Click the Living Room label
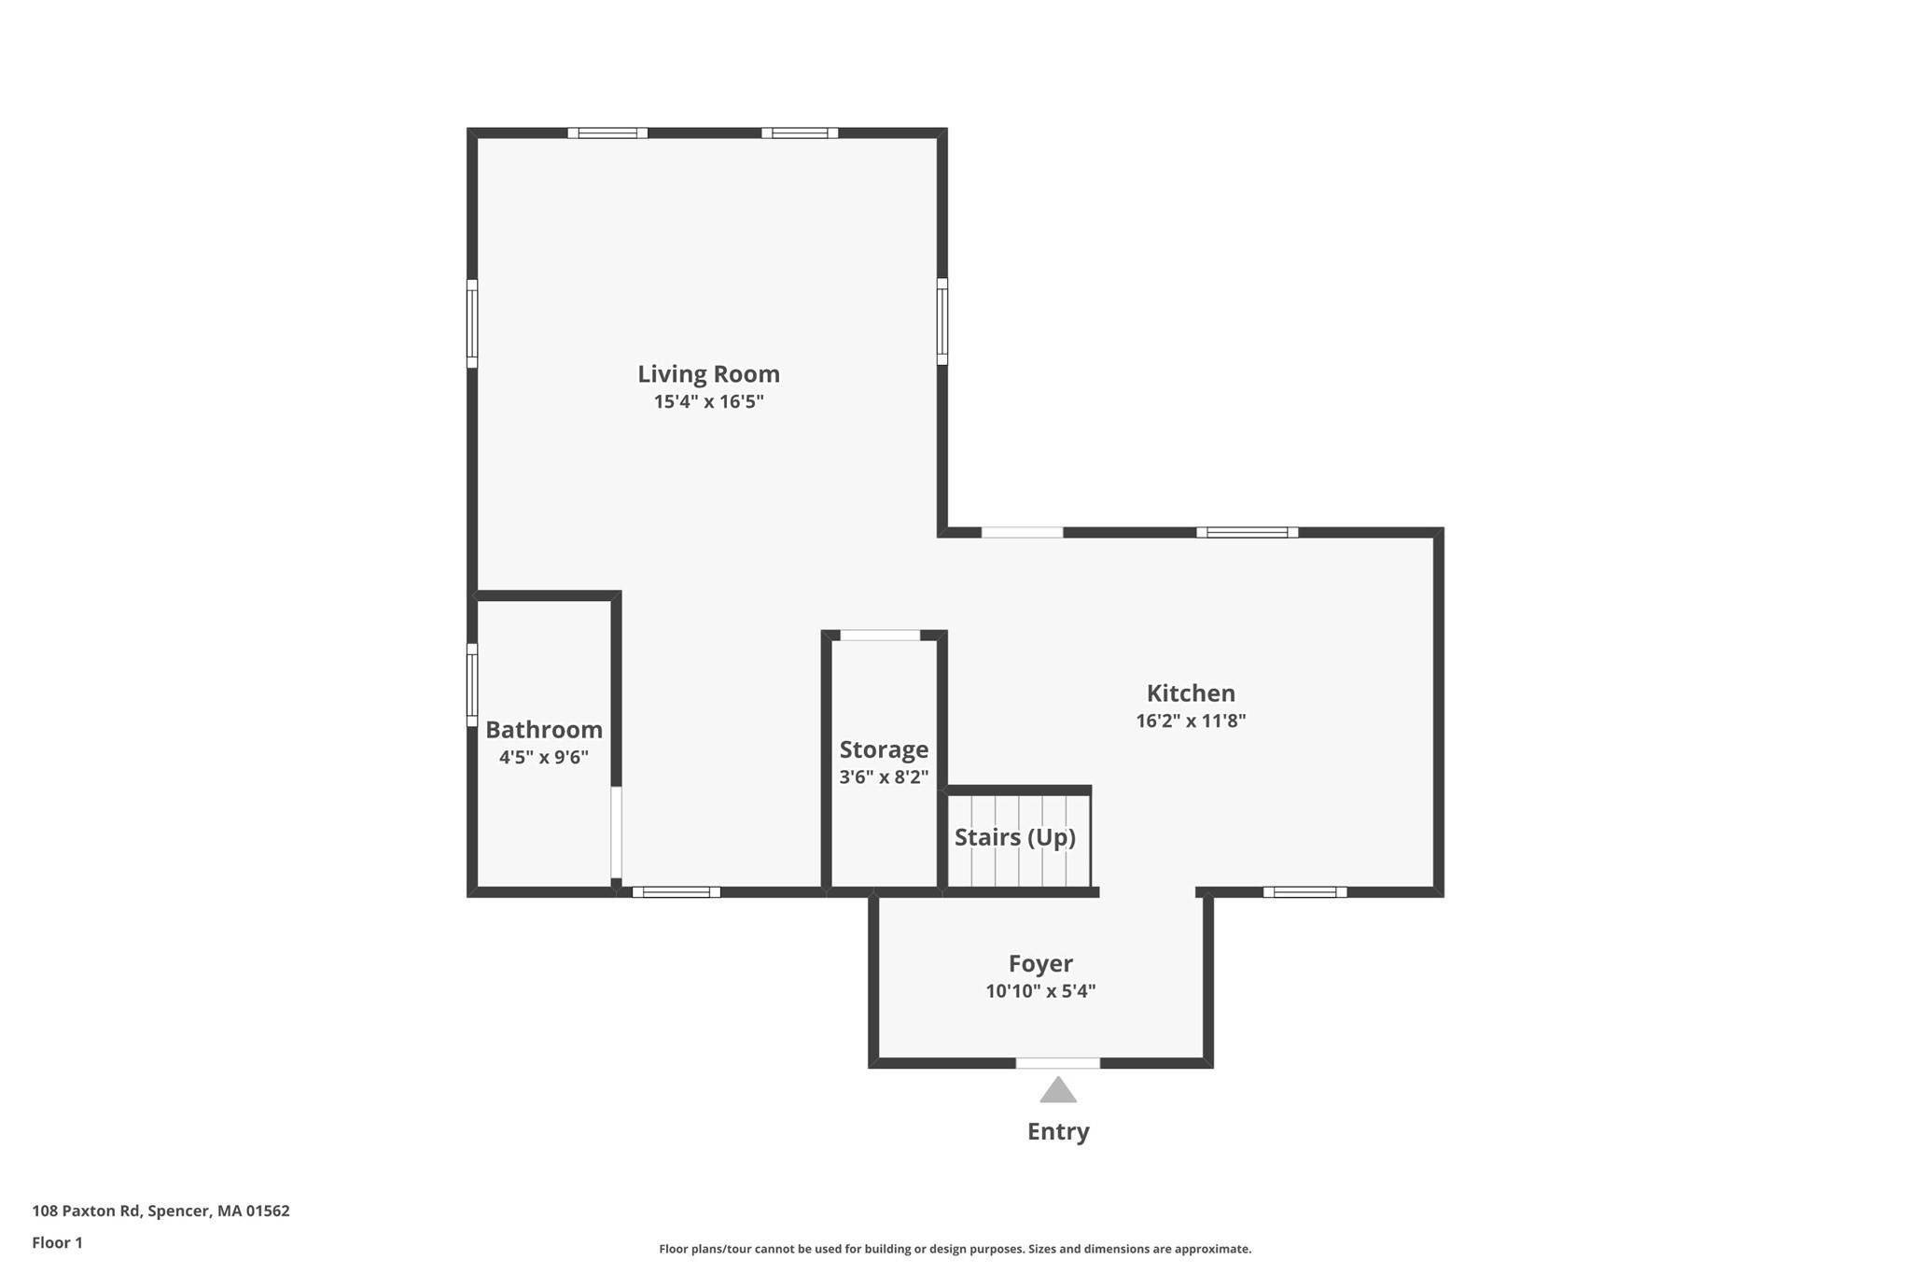click(x=708, y=373)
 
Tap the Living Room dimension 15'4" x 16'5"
click(x=708, y=402)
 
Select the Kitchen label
click(x=1191, y=693)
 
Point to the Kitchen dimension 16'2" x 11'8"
click(x=1191, y=721)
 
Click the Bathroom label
click(x=544, y=729)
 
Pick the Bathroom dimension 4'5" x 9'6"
click(x=544, y=757)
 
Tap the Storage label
click(x=884, y=749)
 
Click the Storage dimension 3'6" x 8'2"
click(x=884, y=777)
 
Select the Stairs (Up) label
click(x=1014, y=837)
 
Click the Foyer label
click(x=1040, y=963)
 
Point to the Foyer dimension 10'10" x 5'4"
click(x=1040, y=991)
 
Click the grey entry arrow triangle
click(x=1058, y=1091)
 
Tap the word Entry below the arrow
click(x=1058, y=1131)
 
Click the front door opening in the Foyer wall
click(x=1057, y=1063)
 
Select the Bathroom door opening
click(x=616, y=833)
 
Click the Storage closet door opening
click(x=880, y=636)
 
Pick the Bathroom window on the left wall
click(x=472, y=684)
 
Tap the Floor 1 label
click(x=57, y=1242)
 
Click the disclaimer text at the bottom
click(x=955, y=1249)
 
